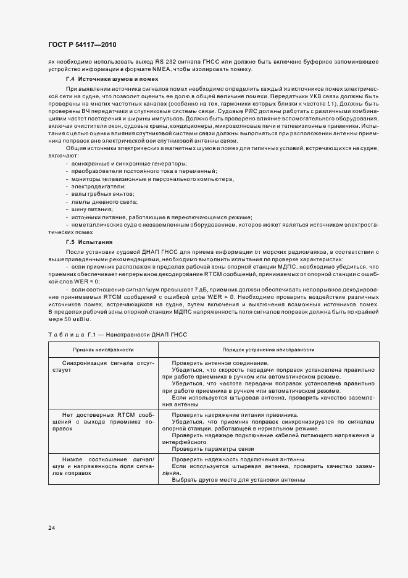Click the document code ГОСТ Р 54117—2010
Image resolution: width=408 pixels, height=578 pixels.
(x=83, y=45)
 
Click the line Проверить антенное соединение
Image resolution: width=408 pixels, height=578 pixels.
(x=220, y=362)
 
